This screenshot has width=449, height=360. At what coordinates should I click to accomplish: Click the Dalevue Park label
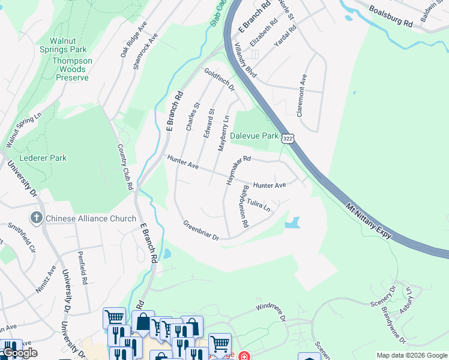pos(255,136)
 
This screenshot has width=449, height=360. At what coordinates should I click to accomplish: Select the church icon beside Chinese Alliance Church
pos(36,218)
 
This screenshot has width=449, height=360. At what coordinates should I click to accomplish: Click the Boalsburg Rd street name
pos(391,16)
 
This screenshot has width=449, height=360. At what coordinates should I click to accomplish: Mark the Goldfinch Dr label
pos(219,79)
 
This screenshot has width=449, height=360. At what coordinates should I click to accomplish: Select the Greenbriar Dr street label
pos(201,230)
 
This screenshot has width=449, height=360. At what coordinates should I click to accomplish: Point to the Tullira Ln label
pos(259,206)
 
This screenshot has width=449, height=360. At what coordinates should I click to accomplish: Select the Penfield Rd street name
pos(82,268)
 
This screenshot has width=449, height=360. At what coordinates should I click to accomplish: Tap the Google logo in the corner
pos(19,353)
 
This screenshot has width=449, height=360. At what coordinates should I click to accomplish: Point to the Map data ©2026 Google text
pos(411,355)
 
